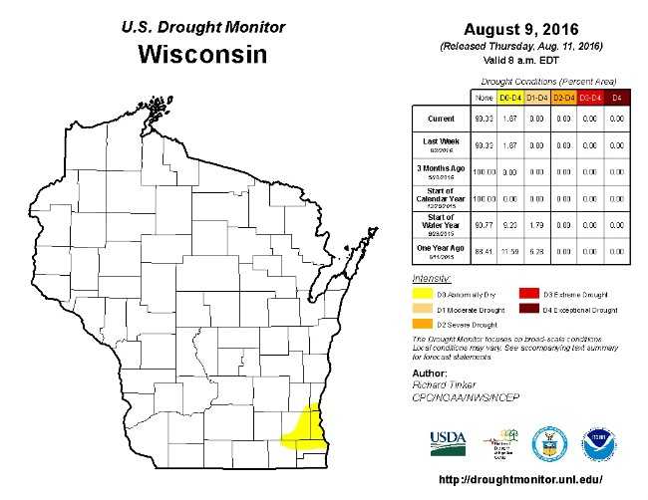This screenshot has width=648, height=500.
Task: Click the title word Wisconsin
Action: click(x=202, y=54)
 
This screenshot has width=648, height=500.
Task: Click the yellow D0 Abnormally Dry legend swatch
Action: click(x=422, y=294)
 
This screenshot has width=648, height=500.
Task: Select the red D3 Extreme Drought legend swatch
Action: click(x=527, y=294)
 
